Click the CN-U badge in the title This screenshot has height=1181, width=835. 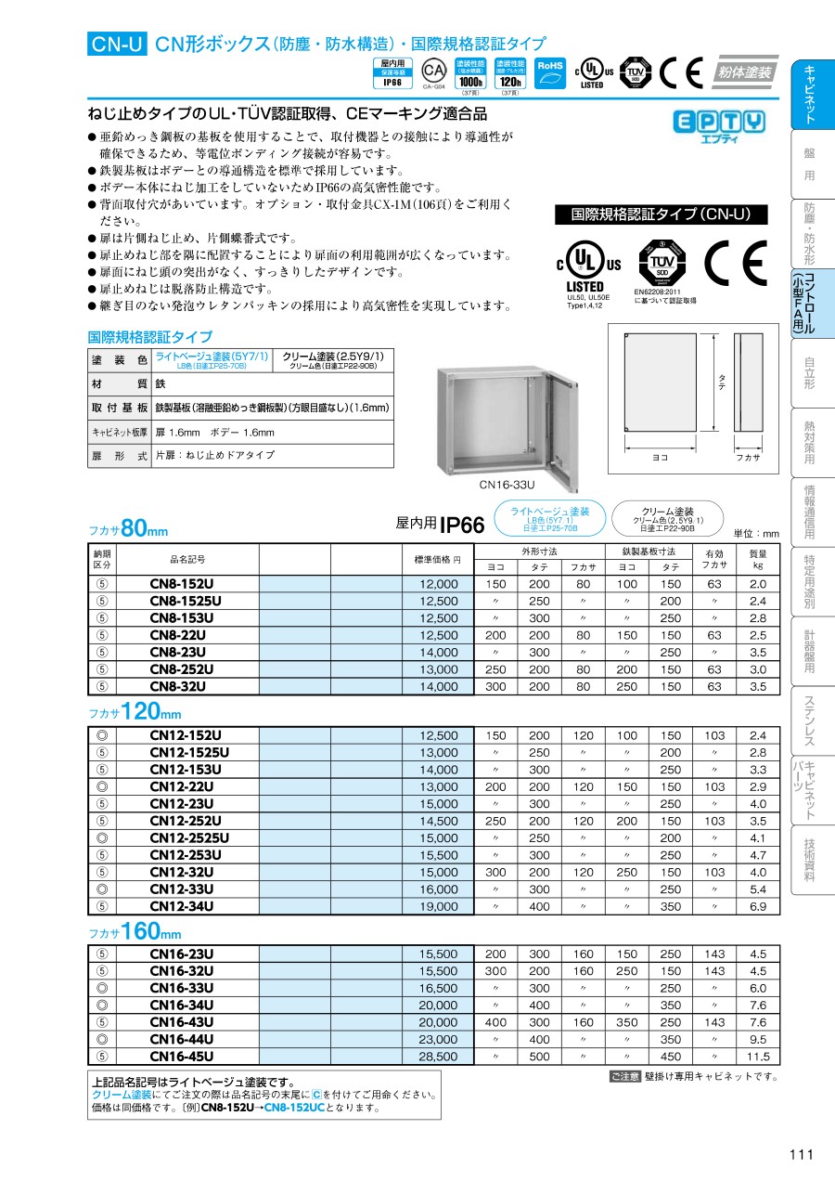(x=117, y=43)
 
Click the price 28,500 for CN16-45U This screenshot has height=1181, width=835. (x=439, y=1057)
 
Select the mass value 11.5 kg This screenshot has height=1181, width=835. (x=758, y=1057)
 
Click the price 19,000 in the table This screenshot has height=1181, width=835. (x=439, y=906)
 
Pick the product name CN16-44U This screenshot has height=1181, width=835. (x=182, y=1040)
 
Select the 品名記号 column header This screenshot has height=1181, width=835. (x=186, y=559)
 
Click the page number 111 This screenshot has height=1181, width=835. (x=801, y=1154)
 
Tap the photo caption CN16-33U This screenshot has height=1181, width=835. (x=507, y=484)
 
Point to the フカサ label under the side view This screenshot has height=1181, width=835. (x=748, y=457)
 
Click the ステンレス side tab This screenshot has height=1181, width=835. (x=809, y=721)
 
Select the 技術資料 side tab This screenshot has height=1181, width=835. (x=809, y=861)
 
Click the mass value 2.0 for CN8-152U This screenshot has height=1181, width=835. (x=758, y=585)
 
